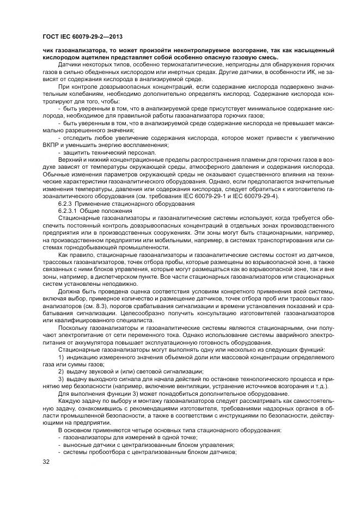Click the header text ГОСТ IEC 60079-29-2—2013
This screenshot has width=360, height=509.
pyautogui.click(x=82, y=36)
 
